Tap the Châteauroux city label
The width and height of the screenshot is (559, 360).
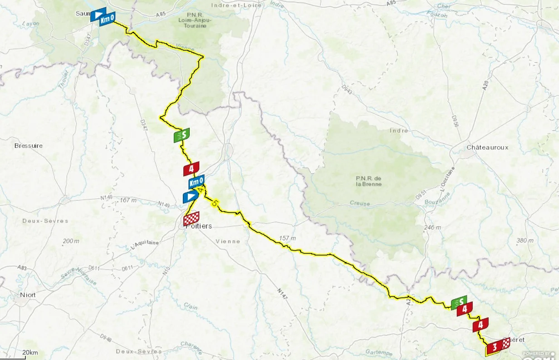click(488, 148)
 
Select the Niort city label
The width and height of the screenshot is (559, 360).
click(29, 295)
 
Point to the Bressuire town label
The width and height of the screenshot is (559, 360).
click(29, 146)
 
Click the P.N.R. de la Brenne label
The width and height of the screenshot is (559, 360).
click(369, 181)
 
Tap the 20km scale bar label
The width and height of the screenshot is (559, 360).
click(30, 353)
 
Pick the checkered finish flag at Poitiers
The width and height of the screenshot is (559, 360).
click(191, 219)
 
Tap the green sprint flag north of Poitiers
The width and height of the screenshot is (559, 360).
click(181, 135)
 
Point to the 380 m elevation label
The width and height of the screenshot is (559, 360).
click(525, 240)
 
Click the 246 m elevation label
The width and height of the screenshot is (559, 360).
click(432, 227)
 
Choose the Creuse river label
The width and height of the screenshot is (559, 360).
click(360, 204)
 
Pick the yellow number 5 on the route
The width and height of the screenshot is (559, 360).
click(214, 202)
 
